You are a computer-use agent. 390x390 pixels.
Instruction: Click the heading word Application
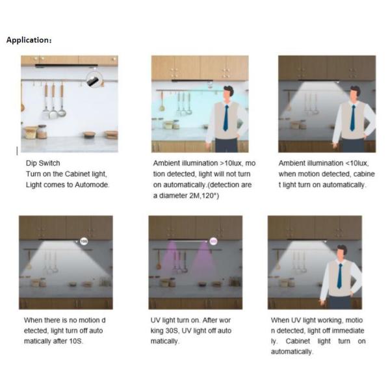coord(28,40)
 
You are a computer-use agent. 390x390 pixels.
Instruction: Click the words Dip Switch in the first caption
coord(43,163)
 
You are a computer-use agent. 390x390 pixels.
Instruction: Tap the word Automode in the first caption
coord(92,185)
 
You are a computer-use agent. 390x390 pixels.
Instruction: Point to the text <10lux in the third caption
coord(356,163)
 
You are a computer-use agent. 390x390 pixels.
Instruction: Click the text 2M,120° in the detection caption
coord(203,196)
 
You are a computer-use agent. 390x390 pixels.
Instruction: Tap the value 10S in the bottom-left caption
coord(75,341)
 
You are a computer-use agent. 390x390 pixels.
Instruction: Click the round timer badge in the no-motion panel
coord(84,241)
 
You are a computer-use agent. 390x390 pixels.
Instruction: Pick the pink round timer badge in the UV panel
coord(213,241)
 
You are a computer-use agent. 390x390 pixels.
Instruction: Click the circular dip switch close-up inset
coord(94,79)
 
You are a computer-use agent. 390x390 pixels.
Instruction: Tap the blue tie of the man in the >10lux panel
coord(226,118)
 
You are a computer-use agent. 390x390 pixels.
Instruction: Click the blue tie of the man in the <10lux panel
coord(353,118)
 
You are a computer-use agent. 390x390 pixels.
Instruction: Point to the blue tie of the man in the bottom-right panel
coord(339,276)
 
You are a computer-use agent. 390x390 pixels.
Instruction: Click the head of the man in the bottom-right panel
coord(341,253)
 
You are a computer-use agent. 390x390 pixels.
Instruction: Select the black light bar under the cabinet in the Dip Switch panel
coord(66,66)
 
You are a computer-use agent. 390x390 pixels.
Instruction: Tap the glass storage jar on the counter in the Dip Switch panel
coord(42,131)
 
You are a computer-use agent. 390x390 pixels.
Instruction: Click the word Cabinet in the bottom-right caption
coord(298,341)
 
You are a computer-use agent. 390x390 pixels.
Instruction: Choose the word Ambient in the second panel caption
coord(166,163)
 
